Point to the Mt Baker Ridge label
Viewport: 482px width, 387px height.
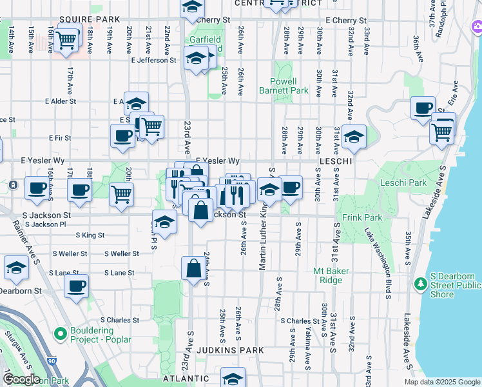pos(331,275)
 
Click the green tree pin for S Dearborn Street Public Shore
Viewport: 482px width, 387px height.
pos(421,283)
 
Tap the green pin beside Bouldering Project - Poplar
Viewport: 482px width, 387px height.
pos(61,333)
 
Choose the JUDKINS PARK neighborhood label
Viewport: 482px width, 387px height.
pos(232,350)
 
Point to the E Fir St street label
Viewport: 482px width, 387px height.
pos(60,137)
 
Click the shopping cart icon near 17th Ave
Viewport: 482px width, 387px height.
pos(67,39)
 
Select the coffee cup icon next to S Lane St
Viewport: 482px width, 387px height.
pos(77,286)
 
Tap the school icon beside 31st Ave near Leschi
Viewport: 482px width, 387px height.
pos(353,136)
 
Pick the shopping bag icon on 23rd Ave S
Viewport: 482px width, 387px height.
pos(193,268)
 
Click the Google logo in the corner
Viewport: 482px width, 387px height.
pos(22,379)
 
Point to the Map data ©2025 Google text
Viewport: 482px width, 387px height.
pos(442,382)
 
